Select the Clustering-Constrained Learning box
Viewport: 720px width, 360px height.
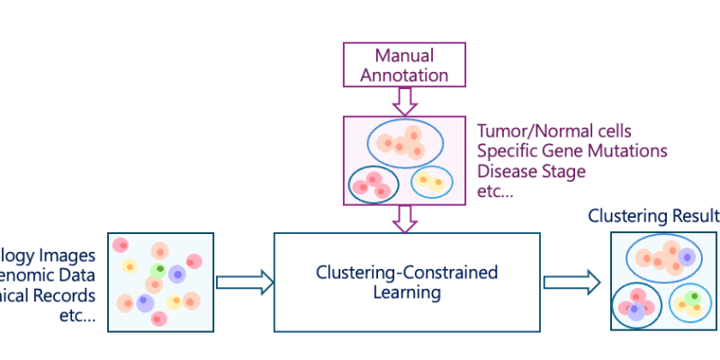[x=407, y=282]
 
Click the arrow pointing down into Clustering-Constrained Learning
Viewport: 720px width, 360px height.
[x=404, y=217]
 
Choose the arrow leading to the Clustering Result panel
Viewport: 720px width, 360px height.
[x=571, y=282]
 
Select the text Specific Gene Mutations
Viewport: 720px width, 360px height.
[x=571, y=150]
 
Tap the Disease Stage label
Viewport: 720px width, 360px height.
[x=531, y=170]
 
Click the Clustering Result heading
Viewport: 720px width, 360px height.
[x=653, y=216]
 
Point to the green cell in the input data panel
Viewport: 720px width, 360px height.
[x=159, y=268]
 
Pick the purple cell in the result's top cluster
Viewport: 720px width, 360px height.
[x=687, y=257]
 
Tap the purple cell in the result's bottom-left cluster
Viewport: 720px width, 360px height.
[x=634, y=309]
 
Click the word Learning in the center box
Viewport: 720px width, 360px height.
[x=407, y=292]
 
